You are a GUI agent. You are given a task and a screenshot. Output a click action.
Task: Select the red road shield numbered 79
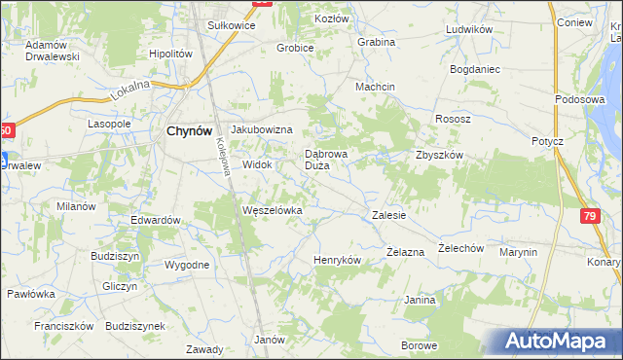(x=590, y=216)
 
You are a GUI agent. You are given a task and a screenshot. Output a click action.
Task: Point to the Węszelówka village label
(x=273, y=210)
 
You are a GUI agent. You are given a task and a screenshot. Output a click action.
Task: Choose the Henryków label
(x=338, y=261)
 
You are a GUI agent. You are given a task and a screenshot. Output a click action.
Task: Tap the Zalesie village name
(x=388, y=215)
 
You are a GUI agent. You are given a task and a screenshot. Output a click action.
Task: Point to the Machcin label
(x=375, y=87)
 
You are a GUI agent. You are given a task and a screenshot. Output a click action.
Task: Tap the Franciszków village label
(x=62, y=326)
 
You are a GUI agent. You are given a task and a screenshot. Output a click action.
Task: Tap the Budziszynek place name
(x=135, y=326)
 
